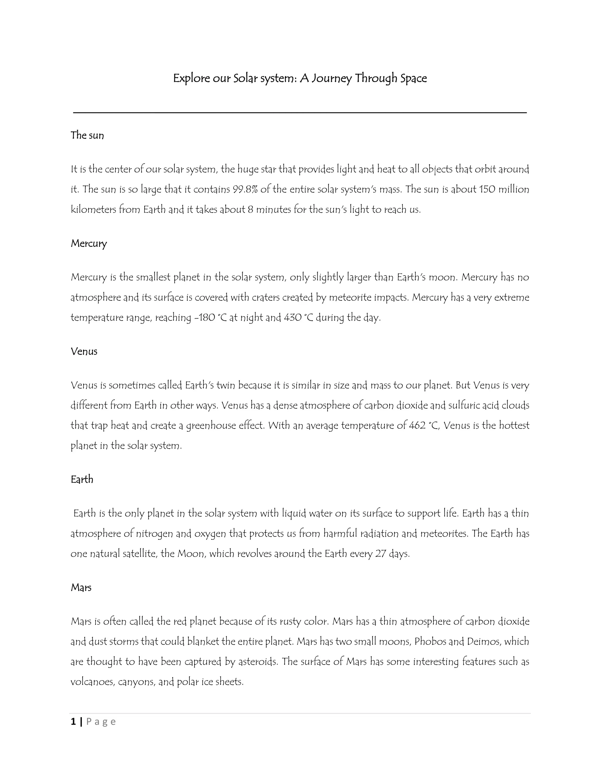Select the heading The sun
[87, 135]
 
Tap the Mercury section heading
[88, 243]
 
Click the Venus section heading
[84, 351]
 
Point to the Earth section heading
[82, 479]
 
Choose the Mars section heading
[81, 587]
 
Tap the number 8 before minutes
[250, 209]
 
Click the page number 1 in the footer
[73, 722]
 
